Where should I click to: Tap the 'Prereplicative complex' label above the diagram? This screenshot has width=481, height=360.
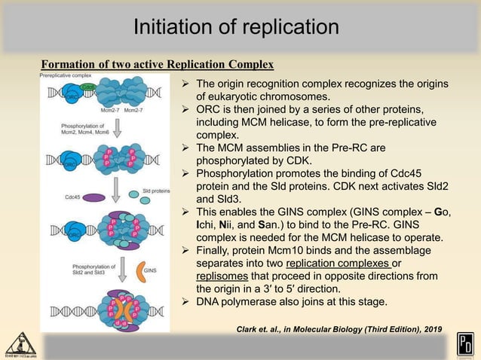point(67,76)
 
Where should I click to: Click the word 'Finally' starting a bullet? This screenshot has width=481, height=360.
point(216,249)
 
